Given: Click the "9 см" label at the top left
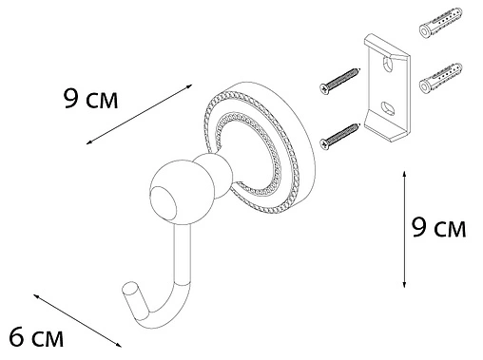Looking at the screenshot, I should click(x=90, y=99).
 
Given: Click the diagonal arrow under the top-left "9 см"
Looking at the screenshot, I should click(x=132, y=116).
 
